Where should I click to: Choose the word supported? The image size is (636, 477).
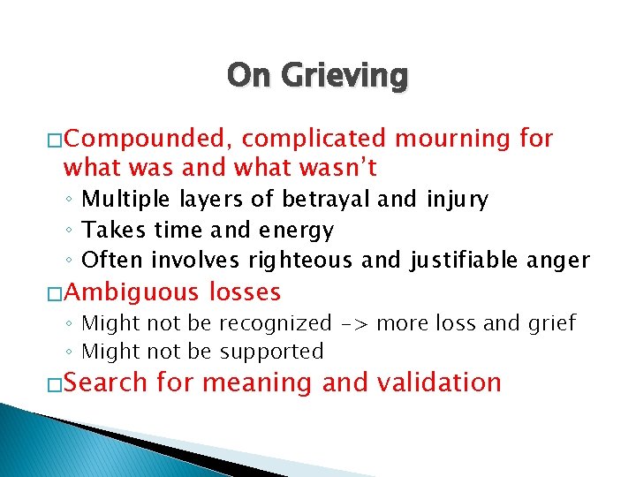pyautogui.click(x=271, y=352)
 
